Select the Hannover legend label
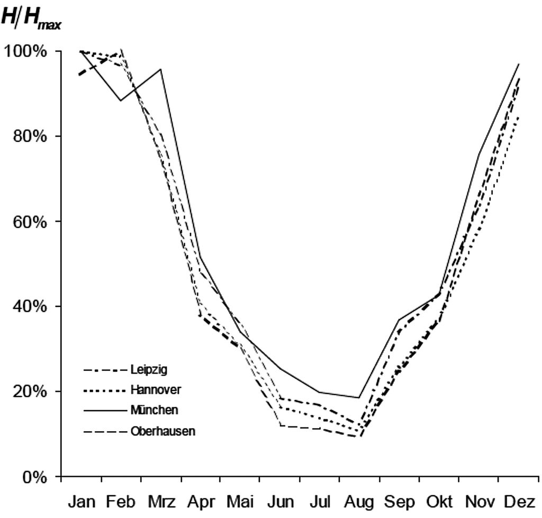tap(155, 389)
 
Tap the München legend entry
tap(154, 410)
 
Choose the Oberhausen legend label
tap(162, 431)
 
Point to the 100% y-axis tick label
tap(31, 52)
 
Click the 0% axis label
tap(38, 477)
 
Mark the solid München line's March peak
tap(160, 69)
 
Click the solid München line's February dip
tap(121, 101)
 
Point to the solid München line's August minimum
tap(359, 397)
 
